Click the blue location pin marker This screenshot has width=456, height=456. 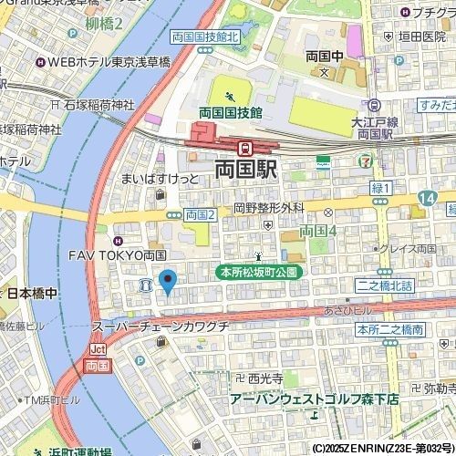167,282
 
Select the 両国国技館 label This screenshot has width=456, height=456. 231,112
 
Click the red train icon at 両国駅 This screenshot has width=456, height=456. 244,147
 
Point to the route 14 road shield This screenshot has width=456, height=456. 427,198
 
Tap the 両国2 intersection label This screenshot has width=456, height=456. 199,215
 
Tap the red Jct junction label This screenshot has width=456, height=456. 98,349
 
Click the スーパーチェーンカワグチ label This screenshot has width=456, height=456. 160,326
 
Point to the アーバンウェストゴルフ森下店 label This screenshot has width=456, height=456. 314,399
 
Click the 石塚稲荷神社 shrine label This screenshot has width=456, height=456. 98,105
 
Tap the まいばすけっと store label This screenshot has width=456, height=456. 159,179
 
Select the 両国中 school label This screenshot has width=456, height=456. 323,56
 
